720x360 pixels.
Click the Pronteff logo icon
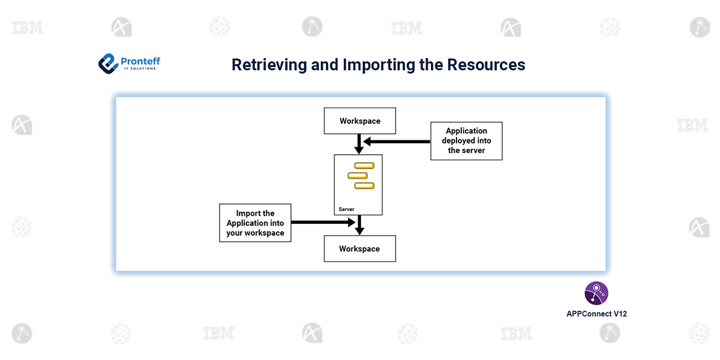[107, 63]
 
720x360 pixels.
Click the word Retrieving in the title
[269, 65]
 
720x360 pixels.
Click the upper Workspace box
[360, 121]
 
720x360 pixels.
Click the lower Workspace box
[359, 248]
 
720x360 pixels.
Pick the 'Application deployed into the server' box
[466, 140]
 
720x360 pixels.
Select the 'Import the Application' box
[255, 223]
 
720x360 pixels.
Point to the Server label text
[346, 209]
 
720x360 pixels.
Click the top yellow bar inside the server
[364, 166]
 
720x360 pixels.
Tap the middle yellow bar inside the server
[358, 175]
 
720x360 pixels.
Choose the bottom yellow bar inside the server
[364, 185]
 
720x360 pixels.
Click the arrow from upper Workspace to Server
[358, 144]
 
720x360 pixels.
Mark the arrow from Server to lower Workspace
[358, 226]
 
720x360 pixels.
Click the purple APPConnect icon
[596, 293]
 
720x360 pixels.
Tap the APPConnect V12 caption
[596, 314]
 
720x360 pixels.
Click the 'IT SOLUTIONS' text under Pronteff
[138, 69]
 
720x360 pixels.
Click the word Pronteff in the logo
[140, 61]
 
